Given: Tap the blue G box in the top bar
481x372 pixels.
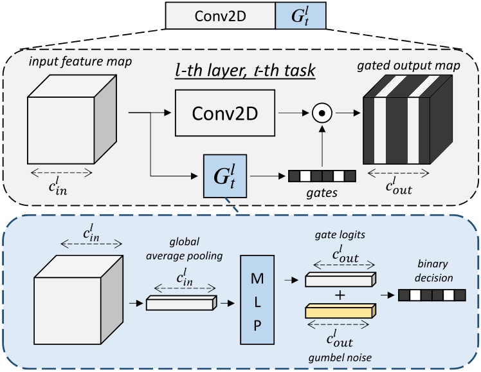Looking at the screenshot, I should pyautogui.click(x=300, y=15).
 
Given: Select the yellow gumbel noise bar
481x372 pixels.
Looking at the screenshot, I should pyautogui.click(x=338, y=311).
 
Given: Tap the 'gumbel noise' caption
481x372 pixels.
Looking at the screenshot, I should pyautogui.click(x=338, y=357).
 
